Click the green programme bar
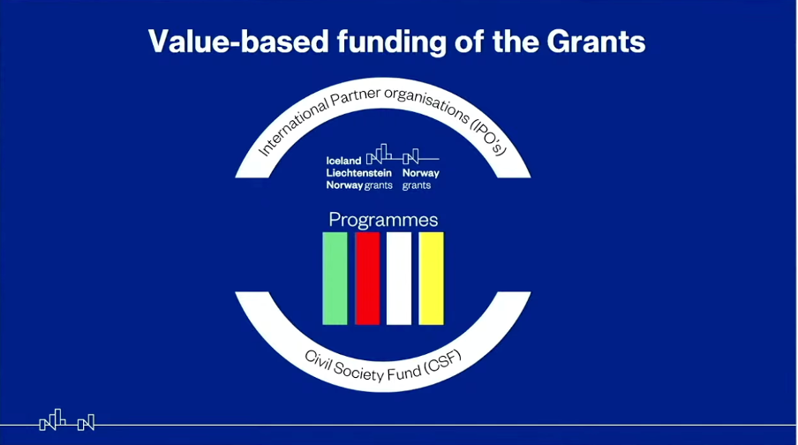pos(335,278)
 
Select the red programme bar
pos(367,278)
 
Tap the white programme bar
pos(399,278)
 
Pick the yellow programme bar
pos(431,278)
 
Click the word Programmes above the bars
pos(383,221)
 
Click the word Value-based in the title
pos(238,41)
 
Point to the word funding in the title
pos(391,42)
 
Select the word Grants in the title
pos(596,41)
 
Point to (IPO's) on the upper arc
pos(488,138)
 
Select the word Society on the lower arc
pos(358,373)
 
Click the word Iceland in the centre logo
pos(343,161)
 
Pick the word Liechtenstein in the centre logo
pos(358,173)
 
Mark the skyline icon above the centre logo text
pos(402,155)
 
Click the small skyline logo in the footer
pos(67,420)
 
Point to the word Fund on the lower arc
pos(404,373)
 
